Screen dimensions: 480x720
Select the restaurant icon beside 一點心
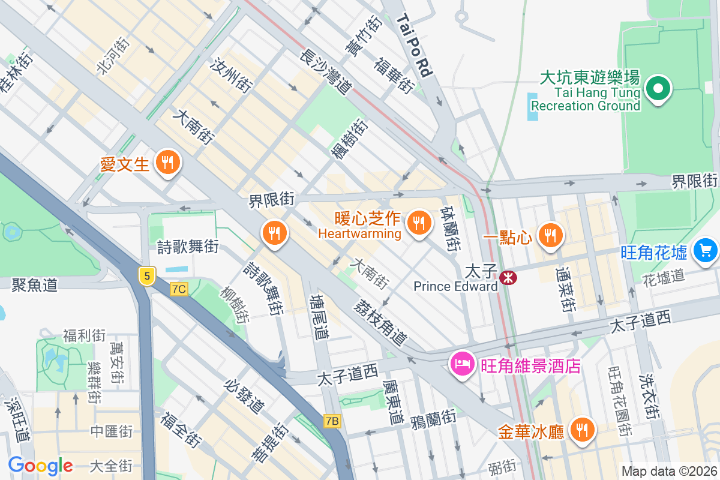[550, 235]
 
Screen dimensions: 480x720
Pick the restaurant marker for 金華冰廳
[581, 430]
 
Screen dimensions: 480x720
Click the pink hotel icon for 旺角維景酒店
[463, 364]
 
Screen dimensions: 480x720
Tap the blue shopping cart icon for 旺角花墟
[705, 250]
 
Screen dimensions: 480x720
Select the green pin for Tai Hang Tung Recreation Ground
[658, 89]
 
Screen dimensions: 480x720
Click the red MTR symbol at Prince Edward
[508, 277]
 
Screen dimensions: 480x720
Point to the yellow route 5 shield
[146, 276]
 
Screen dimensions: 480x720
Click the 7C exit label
[179, 289]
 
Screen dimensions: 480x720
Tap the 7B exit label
[331, 421]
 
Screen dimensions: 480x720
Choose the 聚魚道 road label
[34, 285]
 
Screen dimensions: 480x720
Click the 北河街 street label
[112, 58]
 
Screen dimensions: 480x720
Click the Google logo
[40, 465]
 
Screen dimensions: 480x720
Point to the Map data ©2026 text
[668, 471]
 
